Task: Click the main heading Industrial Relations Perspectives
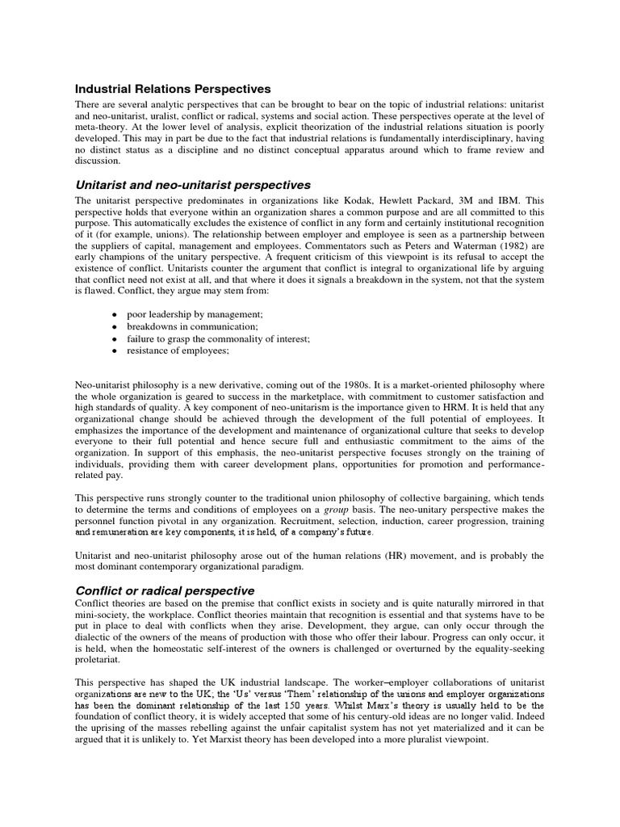click(x=173, y=89)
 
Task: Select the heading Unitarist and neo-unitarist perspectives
click(x=193, y=185)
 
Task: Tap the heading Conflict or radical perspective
click(x=165, y=590)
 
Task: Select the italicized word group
click(x=335, y=510)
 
